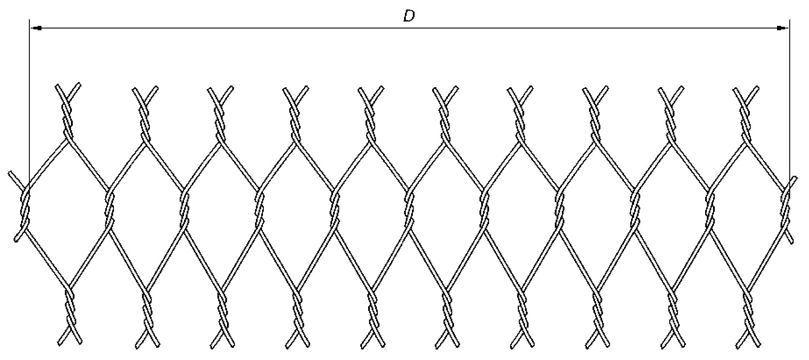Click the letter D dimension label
click(x=408, y=17)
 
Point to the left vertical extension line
click(x=29, y=101)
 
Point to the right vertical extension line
click(x=789, y=101)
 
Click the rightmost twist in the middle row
click(x=786, y=208)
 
